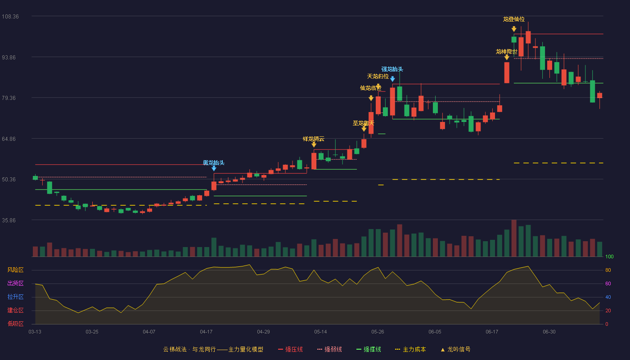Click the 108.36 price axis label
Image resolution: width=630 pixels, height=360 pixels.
click(x=10, y=17)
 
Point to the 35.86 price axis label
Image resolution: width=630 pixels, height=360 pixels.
click(x=9, y=220)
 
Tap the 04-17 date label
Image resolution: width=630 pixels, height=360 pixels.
click(x=206, y=332)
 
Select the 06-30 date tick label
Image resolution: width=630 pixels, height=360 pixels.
click(x=549, y=332)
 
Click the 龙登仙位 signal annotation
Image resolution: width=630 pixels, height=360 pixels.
click(x=514, y=19)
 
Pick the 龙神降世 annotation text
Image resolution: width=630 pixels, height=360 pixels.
click(x=507, y=51)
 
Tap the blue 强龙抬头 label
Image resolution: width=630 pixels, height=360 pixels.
click(x=392, y=69)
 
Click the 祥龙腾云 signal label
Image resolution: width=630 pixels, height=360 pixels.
click(x=314, y=139)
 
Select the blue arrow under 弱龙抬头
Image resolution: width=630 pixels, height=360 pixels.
click(x=214, y=168)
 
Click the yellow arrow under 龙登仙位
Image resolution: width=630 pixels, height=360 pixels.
click(x=514, y=29)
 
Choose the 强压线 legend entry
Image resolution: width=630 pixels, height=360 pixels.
click(x=290, y=349)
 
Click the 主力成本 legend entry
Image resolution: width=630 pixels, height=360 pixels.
click(x=410, y=349)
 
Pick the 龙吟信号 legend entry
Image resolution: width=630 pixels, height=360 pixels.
click(x=455, y=349)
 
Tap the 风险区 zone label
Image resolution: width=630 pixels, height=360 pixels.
click(x=15, y=270)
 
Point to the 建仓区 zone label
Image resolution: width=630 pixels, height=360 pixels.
click(x=15, y=310)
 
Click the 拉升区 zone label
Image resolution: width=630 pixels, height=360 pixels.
click(x=15, y=297)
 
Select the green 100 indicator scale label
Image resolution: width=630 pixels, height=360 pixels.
click(x=609, y=256)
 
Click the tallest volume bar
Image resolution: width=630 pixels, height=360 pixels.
click(x=514, y=238)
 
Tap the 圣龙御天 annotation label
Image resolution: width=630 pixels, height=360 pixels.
click(x=364, y=123)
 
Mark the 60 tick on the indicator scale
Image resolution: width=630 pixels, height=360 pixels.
click(x=608, y=283)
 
